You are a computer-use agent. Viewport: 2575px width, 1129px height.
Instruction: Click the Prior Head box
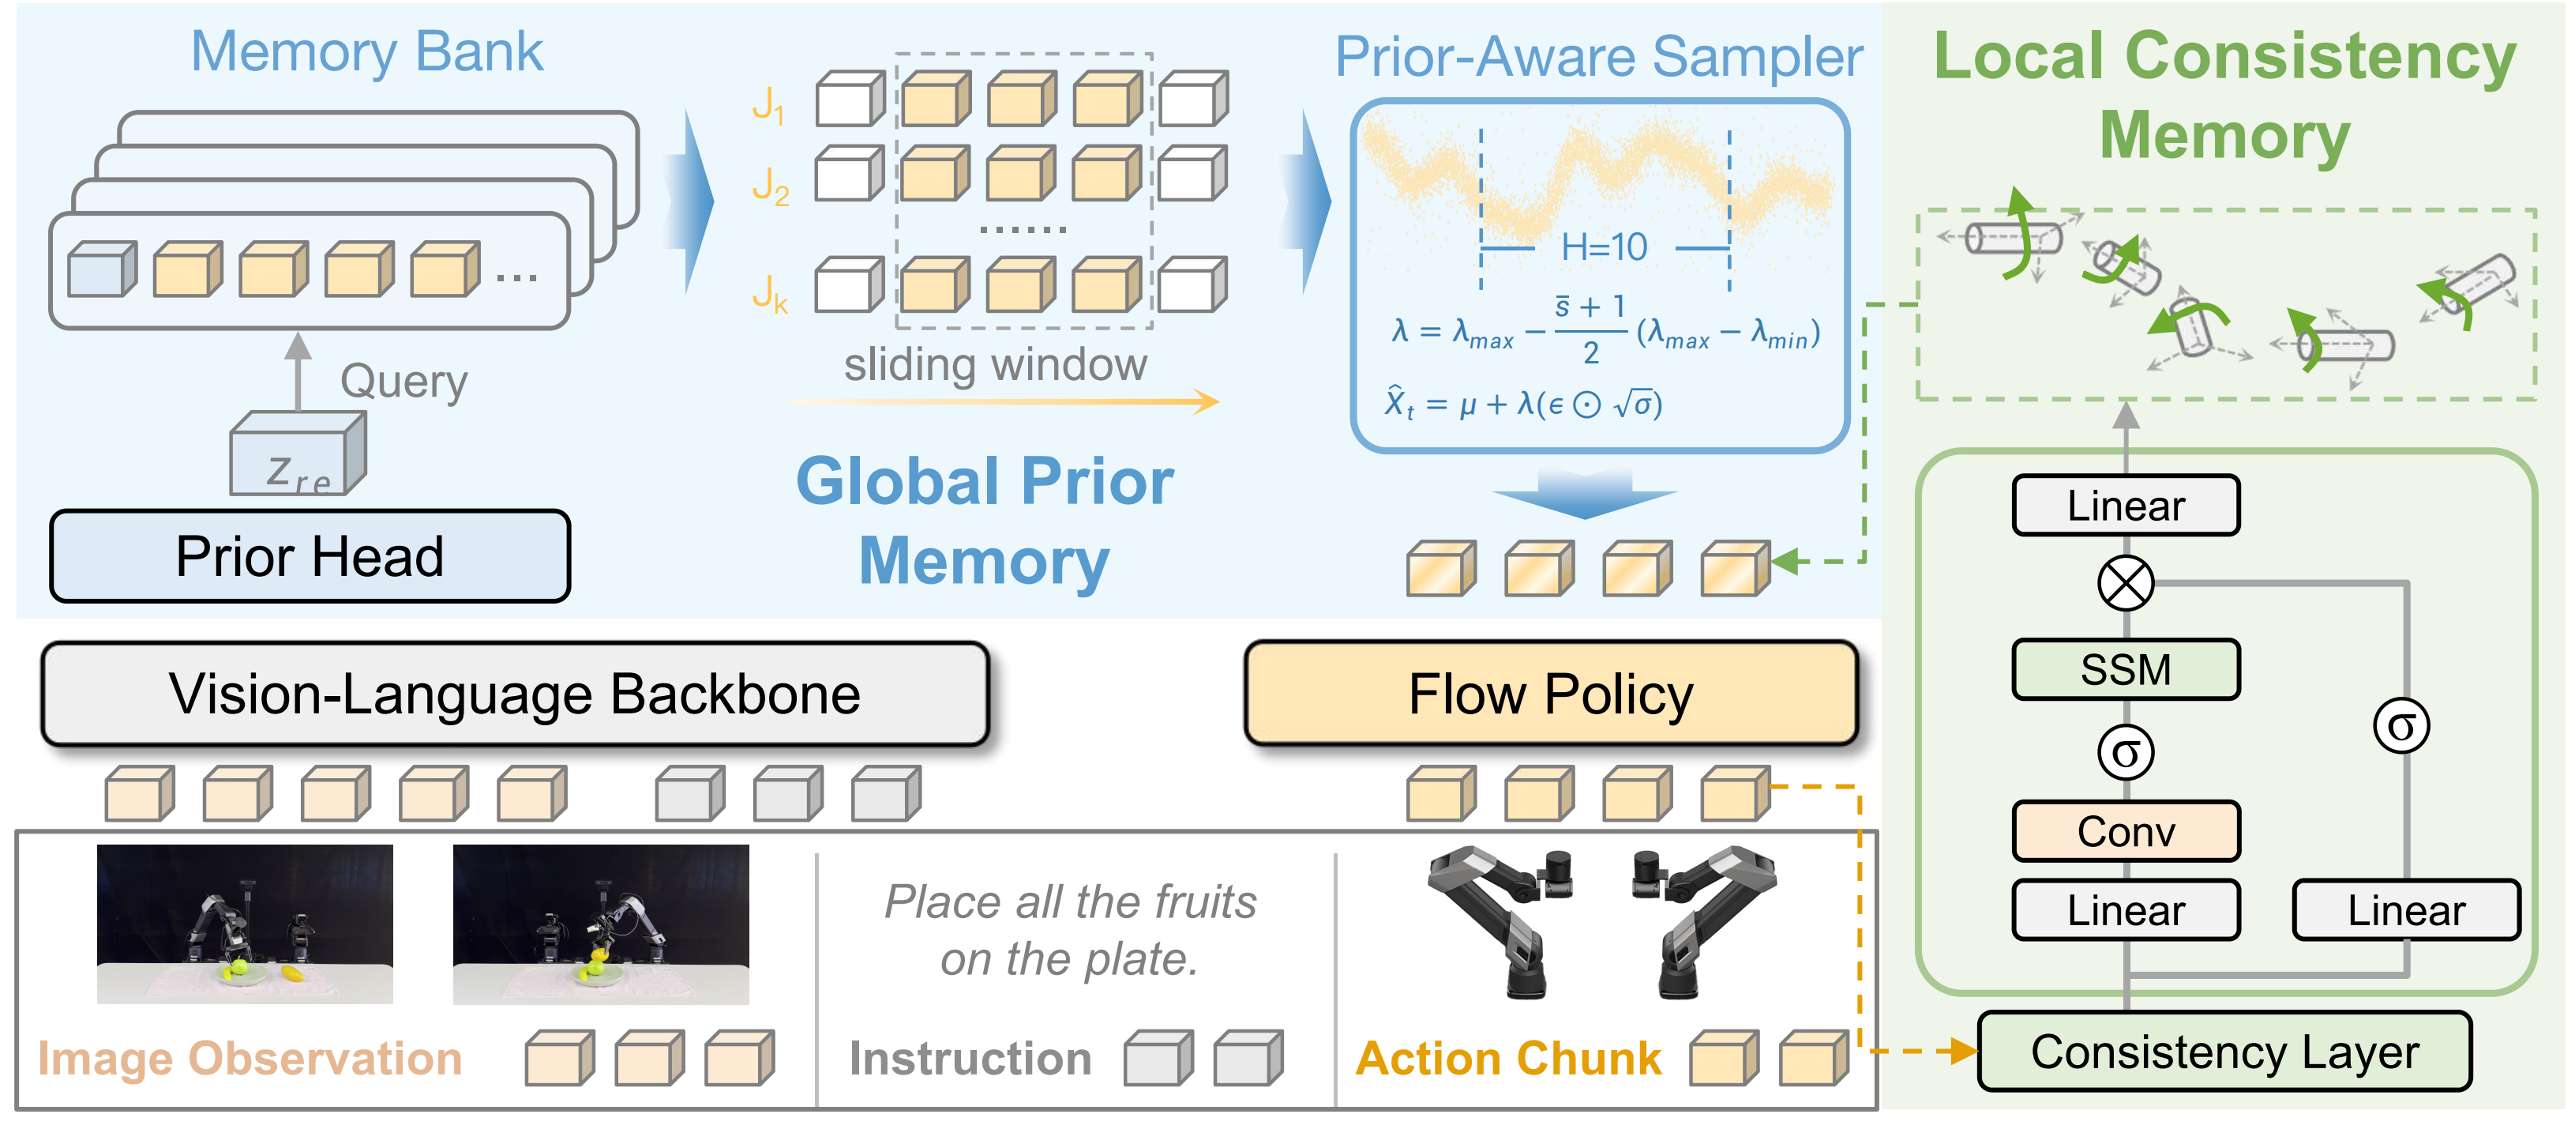pos(310,556)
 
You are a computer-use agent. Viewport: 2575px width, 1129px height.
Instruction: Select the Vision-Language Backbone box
pos(515,694)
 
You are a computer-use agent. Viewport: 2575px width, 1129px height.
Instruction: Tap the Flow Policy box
pos(1550,694)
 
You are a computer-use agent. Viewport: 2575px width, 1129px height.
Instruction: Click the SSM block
pos(2126,669)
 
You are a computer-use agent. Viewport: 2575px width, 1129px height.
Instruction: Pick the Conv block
pos(2126,831)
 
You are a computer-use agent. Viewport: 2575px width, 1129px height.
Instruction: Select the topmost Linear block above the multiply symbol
pos(2126,505)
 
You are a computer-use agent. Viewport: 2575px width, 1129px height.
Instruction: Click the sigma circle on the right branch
pos(2401,726)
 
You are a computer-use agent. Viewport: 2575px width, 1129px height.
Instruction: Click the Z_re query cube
pos(298,455)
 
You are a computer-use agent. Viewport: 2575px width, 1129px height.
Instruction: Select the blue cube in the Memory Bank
pos(102,269)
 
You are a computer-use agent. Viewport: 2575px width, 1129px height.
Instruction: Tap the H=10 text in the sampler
pos(1605,247)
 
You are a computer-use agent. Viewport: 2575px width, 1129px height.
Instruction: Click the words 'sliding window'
pos(996,365)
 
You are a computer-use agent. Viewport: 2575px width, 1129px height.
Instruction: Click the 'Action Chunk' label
pos(1508,1058)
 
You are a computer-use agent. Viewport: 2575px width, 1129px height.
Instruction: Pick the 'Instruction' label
pos(970,1058)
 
